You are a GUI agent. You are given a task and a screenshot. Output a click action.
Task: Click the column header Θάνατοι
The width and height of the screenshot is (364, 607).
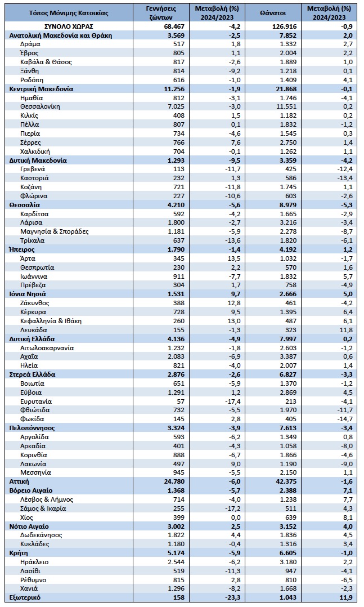tap(273, 13)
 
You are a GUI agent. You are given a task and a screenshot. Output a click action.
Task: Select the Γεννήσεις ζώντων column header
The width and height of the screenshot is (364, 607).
tap(161, 13)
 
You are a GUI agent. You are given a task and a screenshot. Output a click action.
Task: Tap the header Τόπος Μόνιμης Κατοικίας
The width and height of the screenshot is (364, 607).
tap(69, 13)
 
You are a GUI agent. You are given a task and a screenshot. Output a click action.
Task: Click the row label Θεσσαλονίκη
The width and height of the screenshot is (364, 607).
tap(40, 106)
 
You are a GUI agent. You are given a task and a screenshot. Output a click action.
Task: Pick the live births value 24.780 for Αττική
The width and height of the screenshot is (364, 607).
tap(175, 481)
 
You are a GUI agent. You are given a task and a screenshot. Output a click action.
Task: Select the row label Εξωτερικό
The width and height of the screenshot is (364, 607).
tap(25, 597)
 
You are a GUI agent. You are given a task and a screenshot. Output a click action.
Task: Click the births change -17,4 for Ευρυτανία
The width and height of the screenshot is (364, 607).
tap(233, 401)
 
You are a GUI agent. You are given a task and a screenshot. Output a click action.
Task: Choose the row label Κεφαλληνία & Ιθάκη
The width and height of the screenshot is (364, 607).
tap(51, 321)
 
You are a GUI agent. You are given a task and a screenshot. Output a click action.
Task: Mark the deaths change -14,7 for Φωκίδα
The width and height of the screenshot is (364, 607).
tap(345, 419)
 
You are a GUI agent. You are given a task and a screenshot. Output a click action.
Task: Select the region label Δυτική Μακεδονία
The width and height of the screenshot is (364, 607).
tap(38, 160)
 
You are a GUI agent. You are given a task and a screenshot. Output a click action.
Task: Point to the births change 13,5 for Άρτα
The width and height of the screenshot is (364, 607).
tap(235, 258)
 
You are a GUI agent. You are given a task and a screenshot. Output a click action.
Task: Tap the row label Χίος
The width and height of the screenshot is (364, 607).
tap(26, 517)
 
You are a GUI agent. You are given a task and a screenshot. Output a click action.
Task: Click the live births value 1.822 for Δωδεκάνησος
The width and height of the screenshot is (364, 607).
tap(177, 535)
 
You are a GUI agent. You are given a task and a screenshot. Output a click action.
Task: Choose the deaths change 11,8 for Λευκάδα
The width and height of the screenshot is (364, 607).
tap(347, 330)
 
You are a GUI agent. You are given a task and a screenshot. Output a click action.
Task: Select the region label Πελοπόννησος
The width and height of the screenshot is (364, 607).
tap(32, 428)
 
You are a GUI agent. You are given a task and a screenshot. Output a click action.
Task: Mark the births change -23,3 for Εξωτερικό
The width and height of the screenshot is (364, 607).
tap(232, 597)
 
